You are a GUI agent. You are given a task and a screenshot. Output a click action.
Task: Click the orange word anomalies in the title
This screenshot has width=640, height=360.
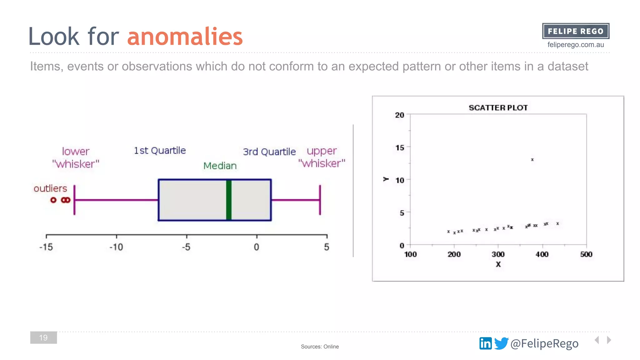[185, 37]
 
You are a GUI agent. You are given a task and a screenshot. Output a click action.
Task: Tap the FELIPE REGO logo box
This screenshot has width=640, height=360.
[575, 31]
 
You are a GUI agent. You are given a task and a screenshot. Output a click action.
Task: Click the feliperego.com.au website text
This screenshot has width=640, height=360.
[575, 45]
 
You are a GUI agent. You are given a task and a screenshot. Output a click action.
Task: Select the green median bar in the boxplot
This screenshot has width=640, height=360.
[229, 200]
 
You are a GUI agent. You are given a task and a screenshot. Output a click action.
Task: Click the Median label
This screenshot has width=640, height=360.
[220, 166]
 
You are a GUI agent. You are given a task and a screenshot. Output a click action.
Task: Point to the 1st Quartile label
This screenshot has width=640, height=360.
[160, 151]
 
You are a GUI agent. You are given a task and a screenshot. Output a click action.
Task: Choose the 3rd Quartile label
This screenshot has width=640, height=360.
[269, 152]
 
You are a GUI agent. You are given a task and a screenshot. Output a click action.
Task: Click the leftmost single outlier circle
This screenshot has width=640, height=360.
[53, 200]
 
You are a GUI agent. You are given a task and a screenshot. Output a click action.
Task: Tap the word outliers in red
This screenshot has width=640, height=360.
[50, 188]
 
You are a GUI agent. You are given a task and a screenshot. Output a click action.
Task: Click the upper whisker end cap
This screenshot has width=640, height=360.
[320, 200]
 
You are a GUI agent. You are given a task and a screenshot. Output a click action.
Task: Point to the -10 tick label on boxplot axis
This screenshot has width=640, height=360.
[116, 247]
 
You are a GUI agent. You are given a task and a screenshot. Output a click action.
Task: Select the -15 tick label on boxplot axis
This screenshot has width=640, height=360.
[46, 247]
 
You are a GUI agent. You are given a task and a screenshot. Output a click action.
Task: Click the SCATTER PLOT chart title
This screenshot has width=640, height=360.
[498, 108]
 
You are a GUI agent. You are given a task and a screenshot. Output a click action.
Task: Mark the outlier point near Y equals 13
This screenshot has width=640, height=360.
[532, 160]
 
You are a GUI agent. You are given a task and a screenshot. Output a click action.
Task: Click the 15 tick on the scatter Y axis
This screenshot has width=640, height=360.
[399, 147]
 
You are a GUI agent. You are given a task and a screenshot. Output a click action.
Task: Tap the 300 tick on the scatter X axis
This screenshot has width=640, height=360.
[498, 254]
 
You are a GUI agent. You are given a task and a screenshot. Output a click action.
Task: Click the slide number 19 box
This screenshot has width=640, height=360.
[43, 337]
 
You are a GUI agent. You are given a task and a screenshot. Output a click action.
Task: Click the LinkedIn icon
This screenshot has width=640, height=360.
[485, 343]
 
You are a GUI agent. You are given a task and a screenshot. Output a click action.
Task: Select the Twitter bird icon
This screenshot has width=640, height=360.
[501, 343]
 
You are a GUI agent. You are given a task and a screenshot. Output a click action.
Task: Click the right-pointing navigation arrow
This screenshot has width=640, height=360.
[609, 340]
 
